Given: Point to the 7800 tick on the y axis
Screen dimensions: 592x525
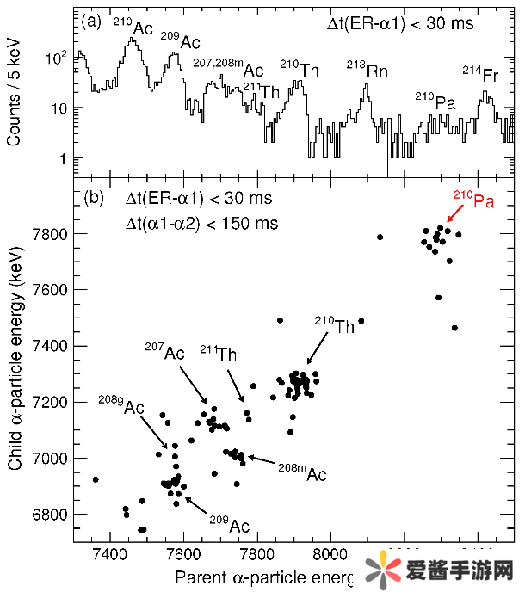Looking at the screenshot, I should click(52, 234).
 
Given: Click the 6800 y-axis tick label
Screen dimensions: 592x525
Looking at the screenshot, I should click(52, 515).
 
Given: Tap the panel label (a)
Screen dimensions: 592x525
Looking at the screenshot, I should click(91, 23).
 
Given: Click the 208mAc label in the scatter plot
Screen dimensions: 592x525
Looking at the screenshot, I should click(302, 472).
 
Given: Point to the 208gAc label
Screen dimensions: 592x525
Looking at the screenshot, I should click(121, 406).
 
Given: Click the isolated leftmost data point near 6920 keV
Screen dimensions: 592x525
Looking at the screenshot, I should click(96, 479).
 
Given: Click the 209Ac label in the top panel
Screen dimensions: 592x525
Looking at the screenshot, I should click(180, 41).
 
